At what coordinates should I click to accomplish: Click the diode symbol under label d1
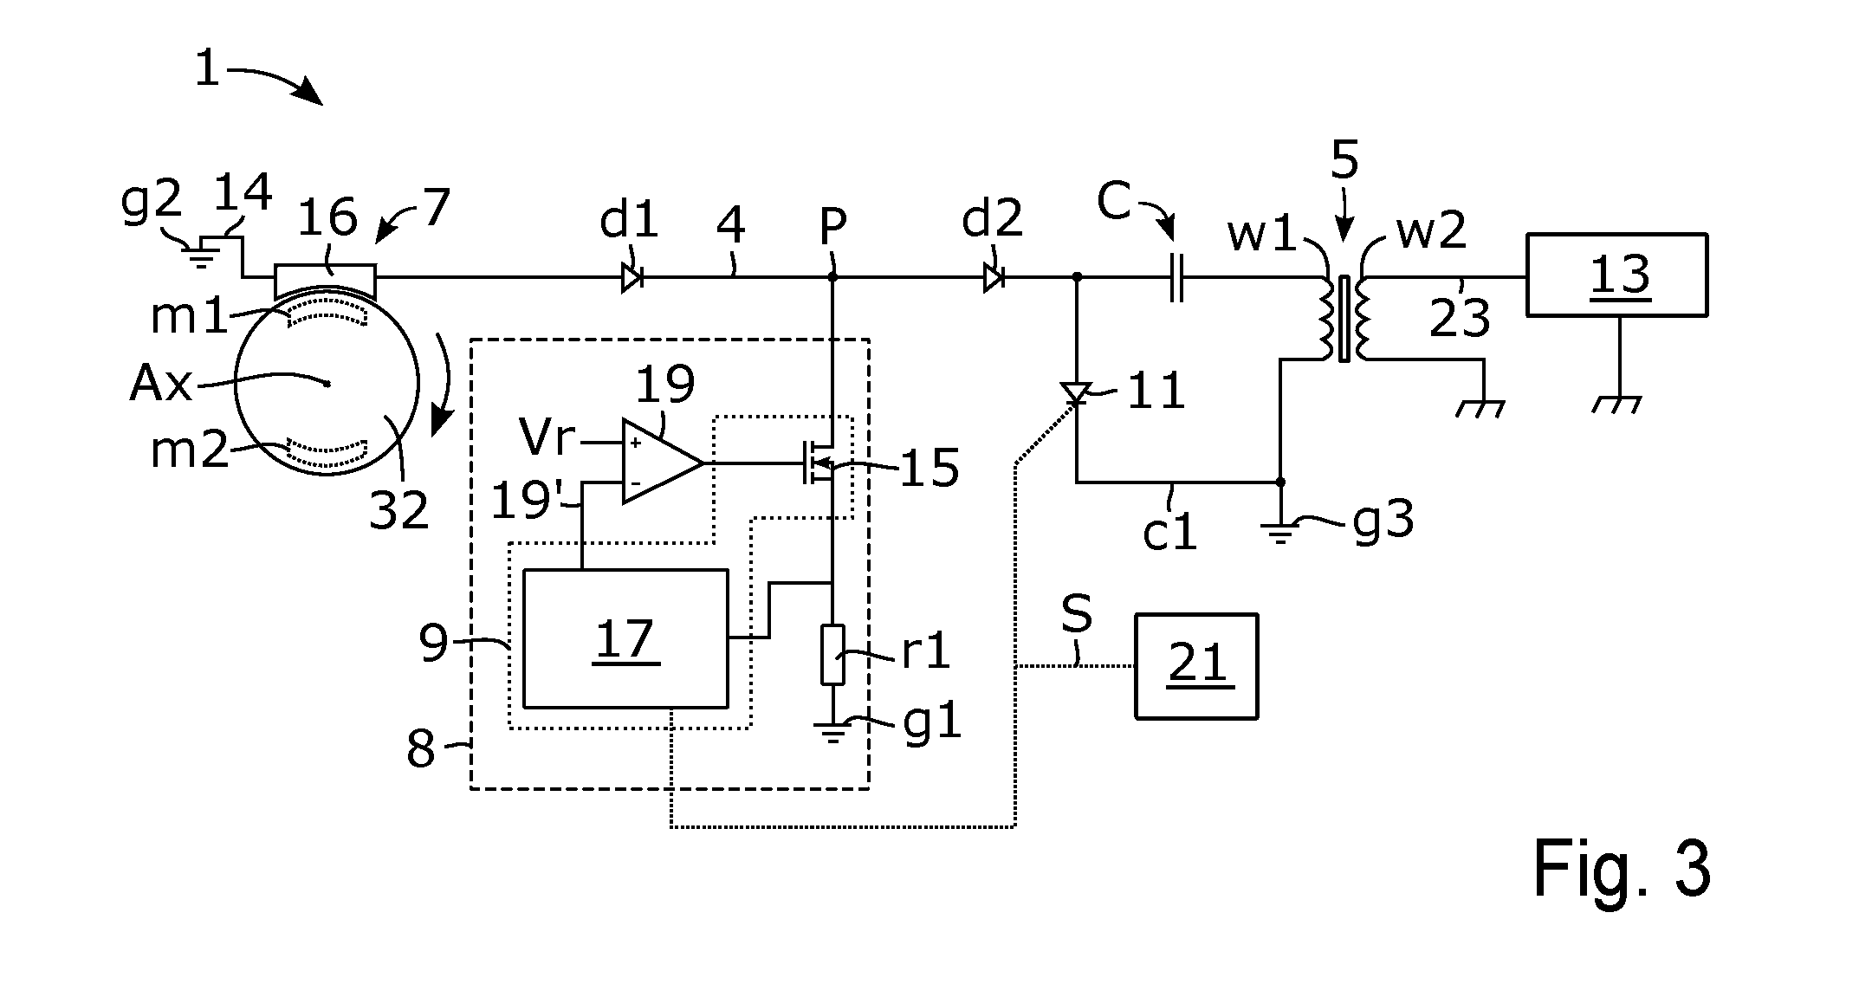632,277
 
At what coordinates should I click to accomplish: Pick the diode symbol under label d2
994,277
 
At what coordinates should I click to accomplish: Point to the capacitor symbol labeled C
1176,277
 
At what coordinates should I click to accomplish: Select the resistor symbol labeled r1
832,654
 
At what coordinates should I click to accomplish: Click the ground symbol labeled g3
1280,528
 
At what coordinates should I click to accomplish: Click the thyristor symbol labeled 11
1076,393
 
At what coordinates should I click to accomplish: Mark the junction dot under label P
832,277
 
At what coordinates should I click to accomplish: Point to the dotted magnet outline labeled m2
327,451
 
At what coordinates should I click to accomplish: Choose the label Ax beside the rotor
160,383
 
